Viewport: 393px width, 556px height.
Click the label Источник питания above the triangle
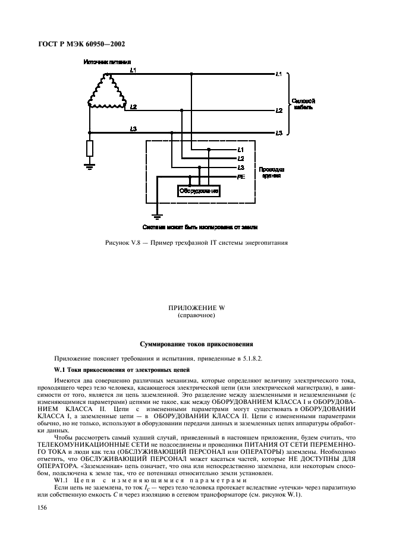point(107,62)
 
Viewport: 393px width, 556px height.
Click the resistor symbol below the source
point(89,149)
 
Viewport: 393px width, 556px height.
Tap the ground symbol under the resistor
point(89,167)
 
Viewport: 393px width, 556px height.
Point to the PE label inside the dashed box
point(241,177)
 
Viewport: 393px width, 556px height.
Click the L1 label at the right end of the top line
point(279,74)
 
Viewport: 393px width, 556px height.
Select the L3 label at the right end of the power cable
point(279,132)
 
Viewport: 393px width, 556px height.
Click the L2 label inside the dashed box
point(241,159)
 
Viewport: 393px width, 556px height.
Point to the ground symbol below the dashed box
point(158,215)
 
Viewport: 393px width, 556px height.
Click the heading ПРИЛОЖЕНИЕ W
point(196,308)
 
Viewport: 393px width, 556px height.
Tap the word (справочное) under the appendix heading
point(196,315)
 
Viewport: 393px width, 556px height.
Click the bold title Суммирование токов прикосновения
point(196,343)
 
